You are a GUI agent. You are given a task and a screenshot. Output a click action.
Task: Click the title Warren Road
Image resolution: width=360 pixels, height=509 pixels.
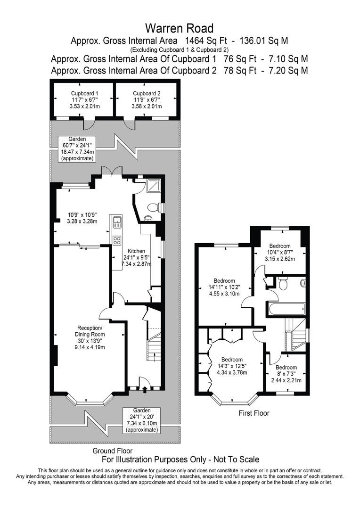click(179, 28)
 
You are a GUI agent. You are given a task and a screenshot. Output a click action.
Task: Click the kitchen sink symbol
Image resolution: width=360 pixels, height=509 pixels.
click(117, 222)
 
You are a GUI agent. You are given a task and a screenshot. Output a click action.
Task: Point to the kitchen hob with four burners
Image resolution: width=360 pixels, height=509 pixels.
click(117, 240)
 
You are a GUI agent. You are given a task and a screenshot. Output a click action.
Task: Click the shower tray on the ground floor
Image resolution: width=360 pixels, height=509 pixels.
click(154, 187)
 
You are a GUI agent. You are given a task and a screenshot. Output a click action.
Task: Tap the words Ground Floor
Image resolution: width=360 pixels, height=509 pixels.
click(112, 451)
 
